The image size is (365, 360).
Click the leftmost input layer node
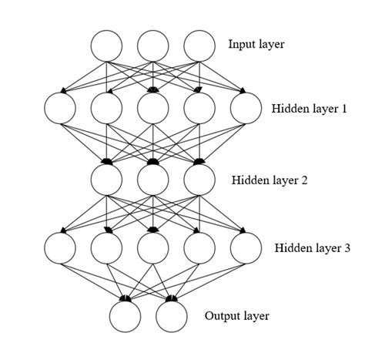106,45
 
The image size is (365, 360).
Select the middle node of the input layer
153,45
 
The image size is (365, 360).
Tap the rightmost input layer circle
199,45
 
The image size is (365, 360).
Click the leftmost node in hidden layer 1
61,108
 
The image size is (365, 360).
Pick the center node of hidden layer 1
153,108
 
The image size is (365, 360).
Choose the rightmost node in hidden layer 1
246,108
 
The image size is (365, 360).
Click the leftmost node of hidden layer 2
106,180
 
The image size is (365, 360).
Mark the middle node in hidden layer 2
153,180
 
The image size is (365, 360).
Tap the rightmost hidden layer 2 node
199,180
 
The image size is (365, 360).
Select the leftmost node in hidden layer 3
61,247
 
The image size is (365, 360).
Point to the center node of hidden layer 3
153,247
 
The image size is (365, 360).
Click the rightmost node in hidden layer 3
246,247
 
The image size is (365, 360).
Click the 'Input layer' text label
256,45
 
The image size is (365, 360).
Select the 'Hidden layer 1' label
310,109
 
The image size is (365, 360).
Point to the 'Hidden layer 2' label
270,180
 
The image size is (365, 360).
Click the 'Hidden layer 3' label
313,248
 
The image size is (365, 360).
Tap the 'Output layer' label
237,316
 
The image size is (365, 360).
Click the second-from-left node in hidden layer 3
106,247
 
